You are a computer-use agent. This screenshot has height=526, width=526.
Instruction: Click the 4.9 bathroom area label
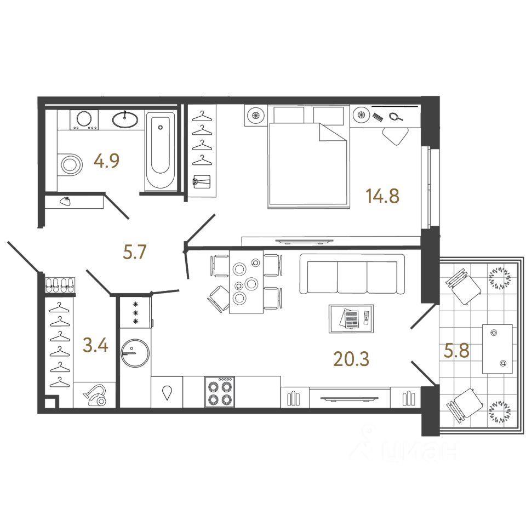106,161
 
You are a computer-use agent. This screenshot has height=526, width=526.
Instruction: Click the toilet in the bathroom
69,163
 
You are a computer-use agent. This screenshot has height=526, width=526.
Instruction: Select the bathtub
161,150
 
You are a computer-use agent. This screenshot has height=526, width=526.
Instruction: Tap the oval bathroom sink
127,119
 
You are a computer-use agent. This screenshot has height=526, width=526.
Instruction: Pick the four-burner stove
220,392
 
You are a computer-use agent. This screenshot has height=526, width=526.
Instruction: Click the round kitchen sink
135,352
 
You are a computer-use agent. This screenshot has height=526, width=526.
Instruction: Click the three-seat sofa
351,277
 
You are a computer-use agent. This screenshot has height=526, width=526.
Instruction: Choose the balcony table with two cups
498,349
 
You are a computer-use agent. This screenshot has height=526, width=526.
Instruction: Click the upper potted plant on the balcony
499,278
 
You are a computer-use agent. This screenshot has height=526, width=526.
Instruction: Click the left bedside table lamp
256,116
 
